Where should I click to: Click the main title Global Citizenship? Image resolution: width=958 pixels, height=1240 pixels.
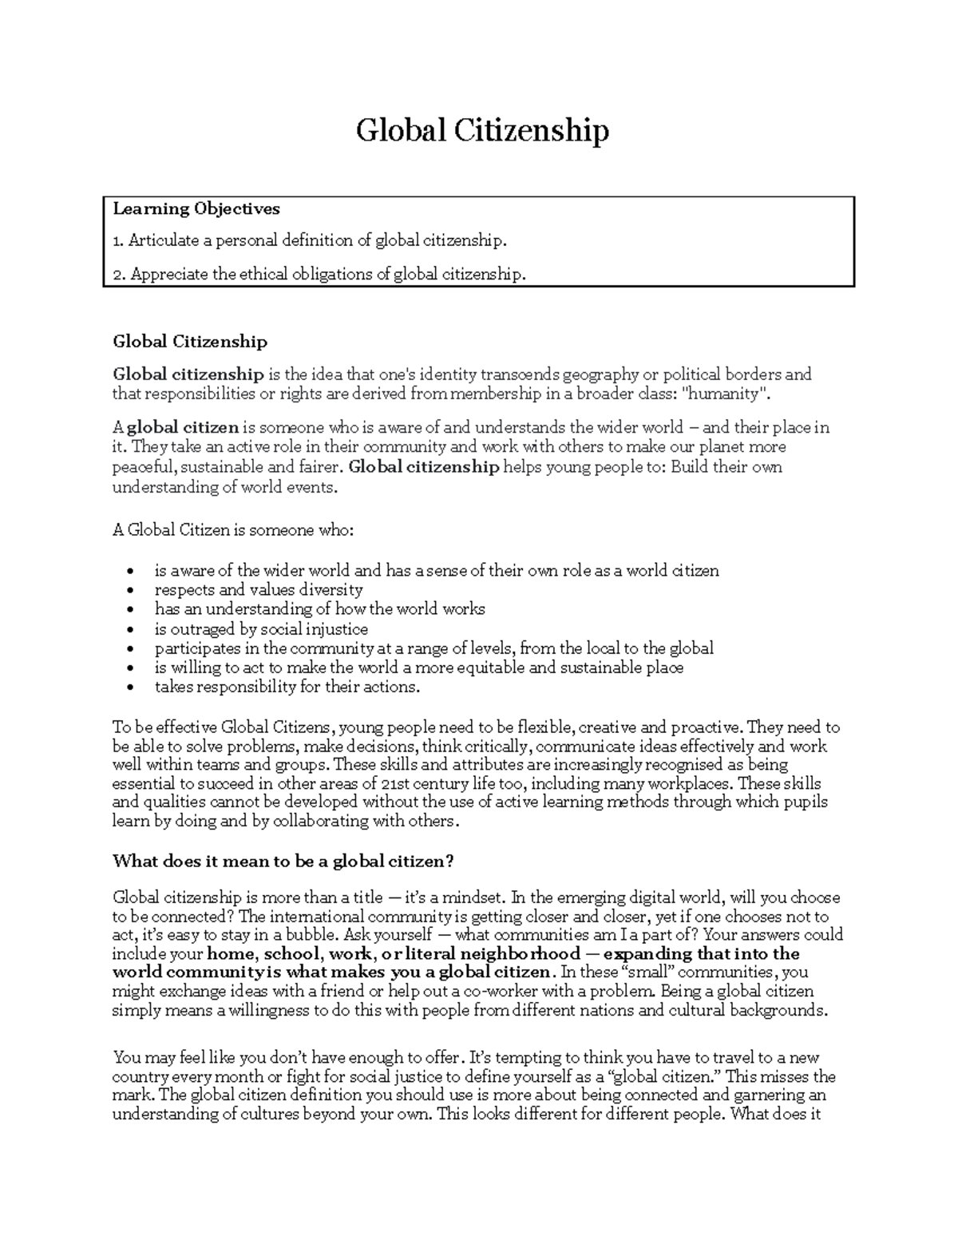[482, 130]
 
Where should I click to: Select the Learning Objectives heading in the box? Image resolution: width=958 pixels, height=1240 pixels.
[196, 209]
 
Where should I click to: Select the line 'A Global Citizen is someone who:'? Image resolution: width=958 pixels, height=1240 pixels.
[232, 530]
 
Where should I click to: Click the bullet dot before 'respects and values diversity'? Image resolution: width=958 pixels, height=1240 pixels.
[131, 591]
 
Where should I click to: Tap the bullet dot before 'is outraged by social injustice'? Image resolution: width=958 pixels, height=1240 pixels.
[131, 630]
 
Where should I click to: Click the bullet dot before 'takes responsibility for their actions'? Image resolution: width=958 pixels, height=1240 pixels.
[131, 687]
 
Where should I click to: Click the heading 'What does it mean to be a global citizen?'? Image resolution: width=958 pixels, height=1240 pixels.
[283, 862]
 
